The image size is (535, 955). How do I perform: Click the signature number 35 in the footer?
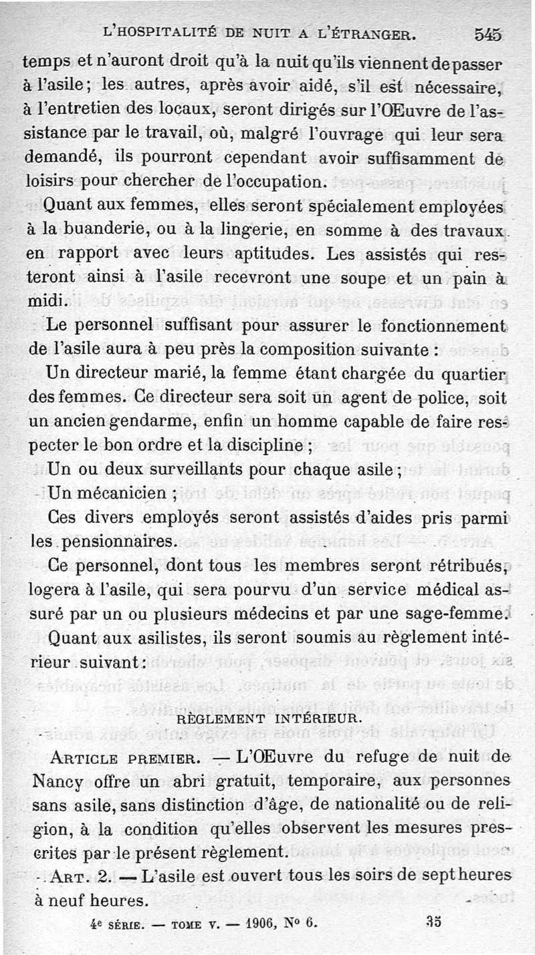pyautogui.click(x=433, y=922)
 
